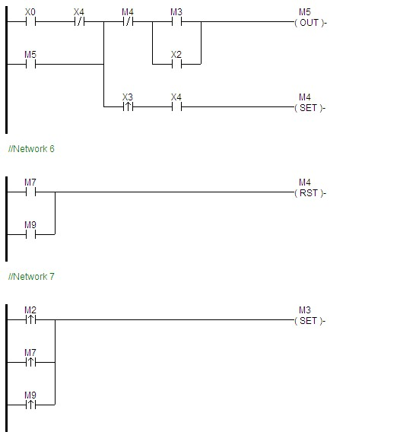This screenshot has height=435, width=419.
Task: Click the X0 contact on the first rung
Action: tap(30, 21)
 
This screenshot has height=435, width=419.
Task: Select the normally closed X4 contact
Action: tap(79, 21)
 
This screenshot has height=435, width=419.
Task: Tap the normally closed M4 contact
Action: tap(128, 21)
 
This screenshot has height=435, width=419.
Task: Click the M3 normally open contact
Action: tap(176, 21)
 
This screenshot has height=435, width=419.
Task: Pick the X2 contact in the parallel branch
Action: tap(176, 64)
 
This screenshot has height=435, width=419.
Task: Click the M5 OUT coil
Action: tap(309, 21)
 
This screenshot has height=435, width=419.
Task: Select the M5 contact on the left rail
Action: tap(30, 64)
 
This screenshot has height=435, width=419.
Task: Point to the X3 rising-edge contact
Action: tap(128, 106)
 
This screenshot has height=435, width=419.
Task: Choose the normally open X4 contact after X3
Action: tap(176, 106)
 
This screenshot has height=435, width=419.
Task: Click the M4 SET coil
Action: tap(309, 106)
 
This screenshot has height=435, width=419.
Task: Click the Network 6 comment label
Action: tap(31, 149)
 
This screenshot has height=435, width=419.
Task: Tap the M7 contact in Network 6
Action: tap(30, 192)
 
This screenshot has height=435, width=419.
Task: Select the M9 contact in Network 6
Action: tap(30, 234)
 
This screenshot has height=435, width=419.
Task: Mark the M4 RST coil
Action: tap(309, 192)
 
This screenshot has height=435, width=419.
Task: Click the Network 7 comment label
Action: tap(31, 277)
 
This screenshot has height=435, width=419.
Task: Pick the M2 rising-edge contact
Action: tap(30, 319)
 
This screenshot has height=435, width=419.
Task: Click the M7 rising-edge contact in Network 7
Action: tap(30, 362)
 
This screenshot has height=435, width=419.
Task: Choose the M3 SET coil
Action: tap(309, 319)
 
